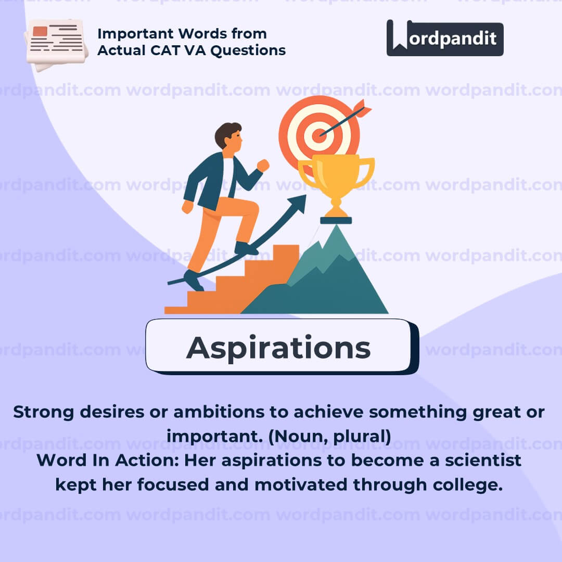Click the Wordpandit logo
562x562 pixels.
(x=445, y=38)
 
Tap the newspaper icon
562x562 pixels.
(x=56, y=45)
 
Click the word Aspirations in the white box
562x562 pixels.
(x=278, y=348)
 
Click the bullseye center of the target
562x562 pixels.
(x=318, y=136)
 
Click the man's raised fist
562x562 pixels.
(x=263, y=165)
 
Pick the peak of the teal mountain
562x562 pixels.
(x=336, y=226)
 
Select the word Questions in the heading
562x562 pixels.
(x=248, y=50)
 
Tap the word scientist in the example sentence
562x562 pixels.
(x=483, y=460)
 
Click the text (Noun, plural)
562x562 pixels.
(x=330, y=437)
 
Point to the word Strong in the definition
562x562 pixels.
(x=44, y=412)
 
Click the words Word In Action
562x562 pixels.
(x=108, y=460)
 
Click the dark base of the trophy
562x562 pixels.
(x=336, y=221)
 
